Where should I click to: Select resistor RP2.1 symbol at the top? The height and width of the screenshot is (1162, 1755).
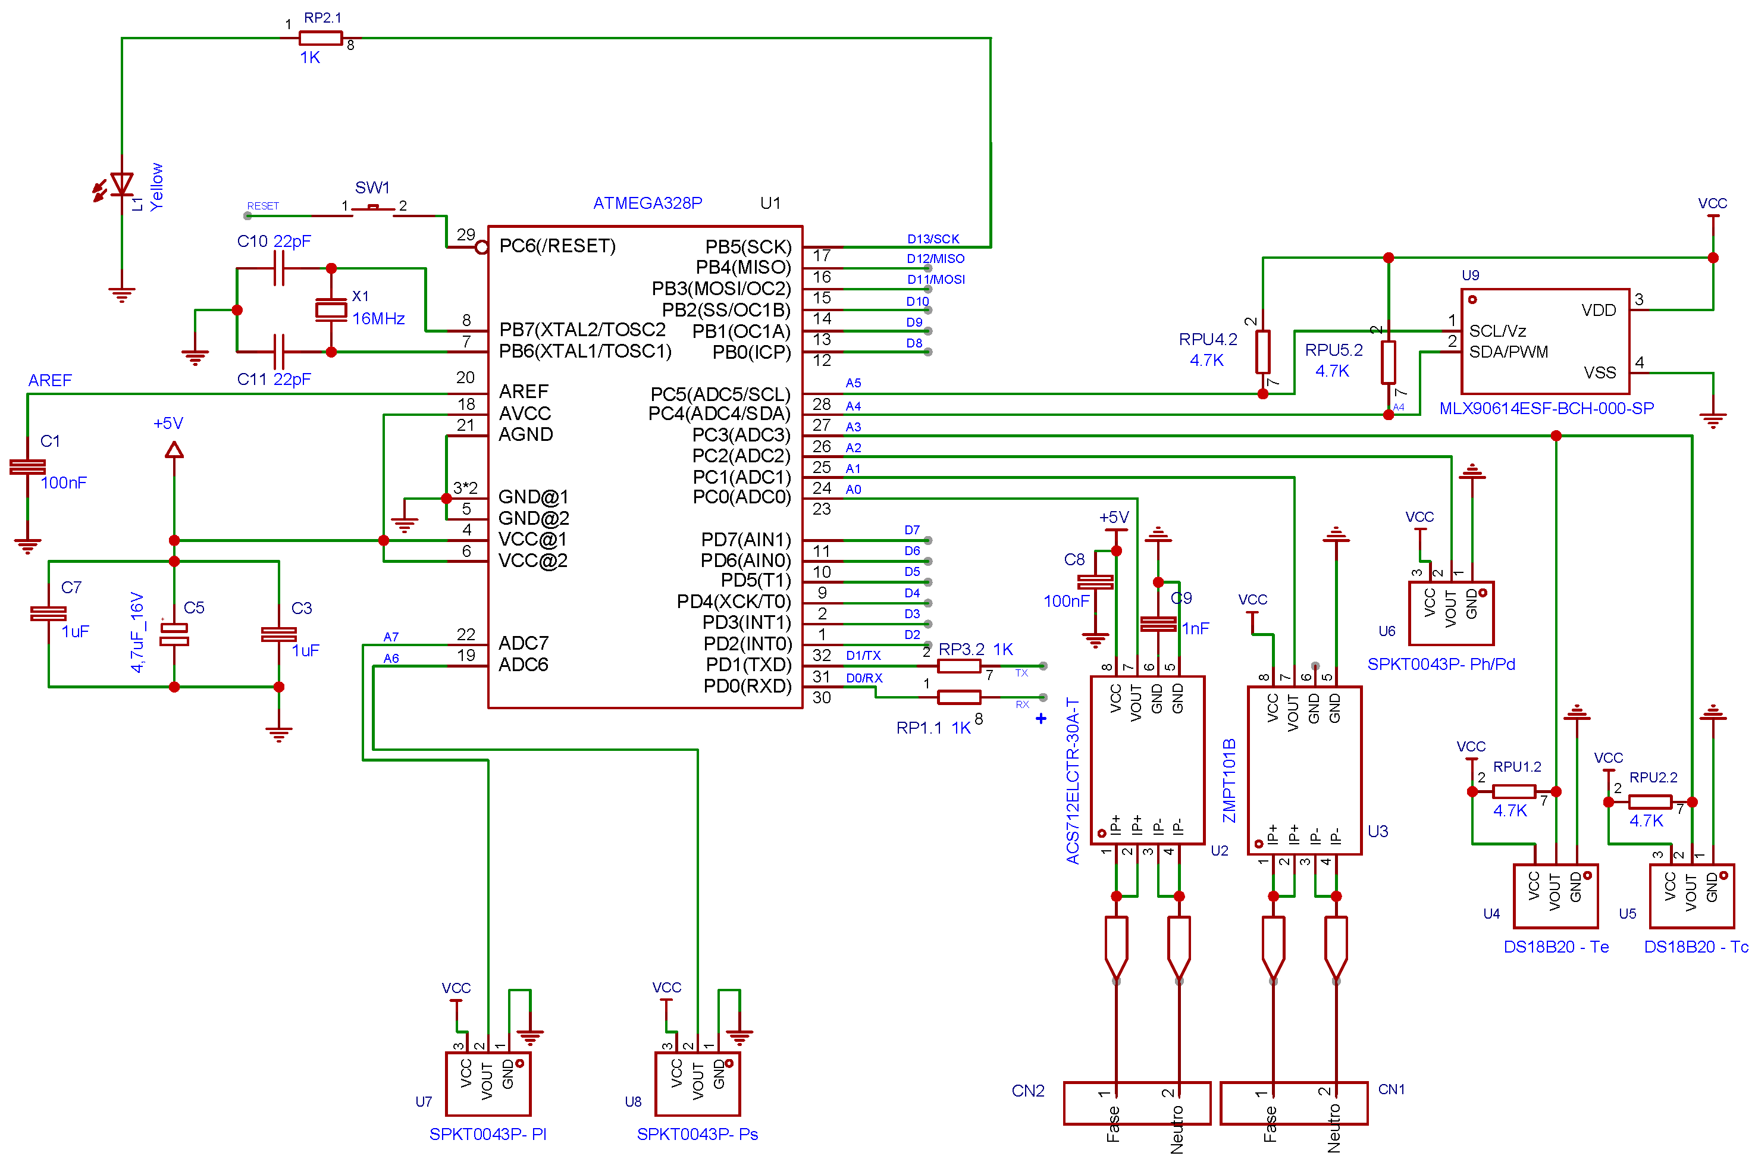(320, 38)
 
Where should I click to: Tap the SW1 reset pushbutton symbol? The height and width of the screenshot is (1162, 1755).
(372, 208)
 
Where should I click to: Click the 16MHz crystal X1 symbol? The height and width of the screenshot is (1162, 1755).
(331, 310)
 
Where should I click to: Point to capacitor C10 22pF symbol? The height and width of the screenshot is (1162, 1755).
(278, 268)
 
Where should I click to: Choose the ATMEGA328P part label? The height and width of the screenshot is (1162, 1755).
(647, 203)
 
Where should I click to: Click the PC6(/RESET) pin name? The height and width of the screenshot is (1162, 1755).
(557, 246)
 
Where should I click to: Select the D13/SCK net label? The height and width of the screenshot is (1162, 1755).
(933, 239)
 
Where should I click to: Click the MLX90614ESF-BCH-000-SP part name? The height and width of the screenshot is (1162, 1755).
(1546, 408)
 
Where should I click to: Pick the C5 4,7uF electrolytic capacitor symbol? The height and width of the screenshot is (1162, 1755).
(174, 634)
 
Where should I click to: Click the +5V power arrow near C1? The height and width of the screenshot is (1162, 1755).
(174, 449)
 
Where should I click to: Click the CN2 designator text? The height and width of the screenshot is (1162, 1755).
(1027, 1091)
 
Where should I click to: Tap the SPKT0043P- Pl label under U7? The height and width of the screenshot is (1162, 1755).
(487, 1134)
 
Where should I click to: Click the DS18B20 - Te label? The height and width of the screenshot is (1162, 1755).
(1556, 947)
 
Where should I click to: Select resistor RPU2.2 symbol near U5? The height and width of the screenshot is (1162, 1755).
(1650, 802)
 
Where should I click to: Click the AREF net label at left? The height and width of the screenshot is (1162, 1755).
(49, 380)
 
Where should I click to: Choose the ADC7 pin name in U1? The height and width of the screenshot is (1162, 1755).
(523, 643)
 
